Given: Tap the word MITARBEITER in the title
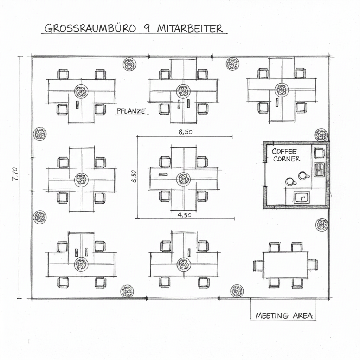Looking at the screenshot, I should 190,28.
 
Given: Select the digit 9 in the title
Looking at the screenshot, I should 146,28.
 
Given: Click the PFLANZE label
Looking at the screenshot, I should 131,111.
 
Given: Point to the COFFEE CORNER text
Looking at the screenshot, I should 285,155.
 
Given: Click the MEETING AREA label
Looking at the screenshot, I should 284,315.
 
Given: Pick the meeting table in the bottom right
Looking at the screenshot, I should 285,265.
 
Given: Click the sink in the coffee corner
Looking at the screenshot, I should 302,198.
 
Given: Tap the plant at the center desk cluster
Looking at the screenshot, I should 183,179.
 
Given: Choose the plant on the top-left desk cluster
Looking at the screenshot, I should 81,92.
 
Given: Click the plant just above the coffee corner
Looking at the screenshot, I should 321,135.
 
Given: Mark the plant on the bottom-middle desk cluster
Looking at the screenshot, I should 184,264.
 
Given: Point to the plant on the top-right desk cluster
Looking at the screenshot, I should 282,89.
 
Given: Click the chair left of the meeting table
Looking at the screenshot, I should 258,265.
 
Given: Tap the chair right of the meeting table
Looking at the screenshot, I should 312,265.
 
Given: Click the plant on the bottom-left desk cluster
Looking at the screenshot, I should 81,264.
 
